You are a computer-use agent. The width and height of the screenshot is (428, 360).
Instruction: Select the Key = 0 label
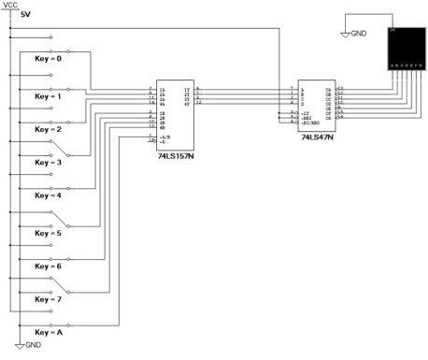48,59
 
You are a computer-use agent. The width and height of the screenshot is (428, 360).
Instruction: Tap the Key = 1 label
48,95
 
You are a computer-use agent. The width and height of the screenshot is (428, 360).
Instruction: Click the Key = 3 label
48,163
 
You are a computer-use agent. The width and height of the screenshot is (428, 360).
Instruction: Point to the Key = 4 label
48,196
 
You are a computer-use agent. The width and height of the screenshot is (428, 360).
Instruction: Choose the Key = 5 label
48,232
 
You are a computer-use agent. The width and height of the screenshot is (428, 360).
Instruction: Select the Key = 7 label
48,299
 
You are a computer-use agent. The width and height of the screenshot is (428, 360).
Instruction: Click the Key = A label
48,333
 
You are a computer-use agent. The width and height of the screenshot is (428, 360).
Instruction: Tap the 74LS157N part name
175,157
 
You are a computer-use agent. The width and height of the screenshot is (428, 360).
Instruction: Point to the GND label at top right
360,34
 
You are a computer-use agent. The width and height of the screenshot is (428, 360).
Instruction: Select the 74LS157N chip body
175,117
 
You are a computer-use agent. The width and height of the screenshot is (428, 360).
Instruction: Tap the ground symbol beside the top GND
345,34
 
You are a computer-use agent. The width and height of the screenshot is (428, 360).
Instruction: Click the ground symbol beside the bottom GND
18,344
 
